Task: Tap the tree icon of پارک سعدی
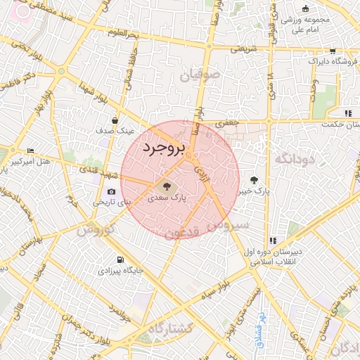click(167, 187)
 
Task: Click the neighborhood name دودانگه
click(293, 157)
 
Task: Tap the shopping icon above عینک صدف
click(114, 120)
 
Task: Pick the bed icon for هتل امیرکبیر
click(30, 151)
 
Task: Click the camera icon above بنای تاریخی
click(111, 192)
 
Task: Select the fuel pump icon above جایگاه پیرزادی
click(120, 259)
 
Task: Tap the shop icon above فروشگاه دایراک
click(332, 51)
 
